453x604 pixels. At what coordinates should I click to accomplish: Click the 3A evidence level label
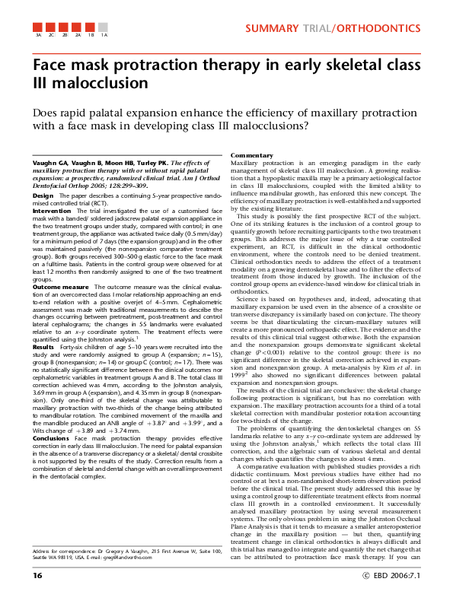[38, 35]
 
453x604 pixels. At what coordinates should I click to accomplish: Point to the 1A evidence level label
[104, 35]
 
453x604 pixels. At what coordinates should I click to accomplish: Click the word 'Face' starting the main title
[49, 65]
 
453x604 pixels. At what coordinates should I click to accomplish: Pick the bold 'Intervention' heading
[51, 210]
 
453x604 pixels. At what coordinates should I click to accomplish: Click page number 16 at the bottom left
[37, 574]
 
